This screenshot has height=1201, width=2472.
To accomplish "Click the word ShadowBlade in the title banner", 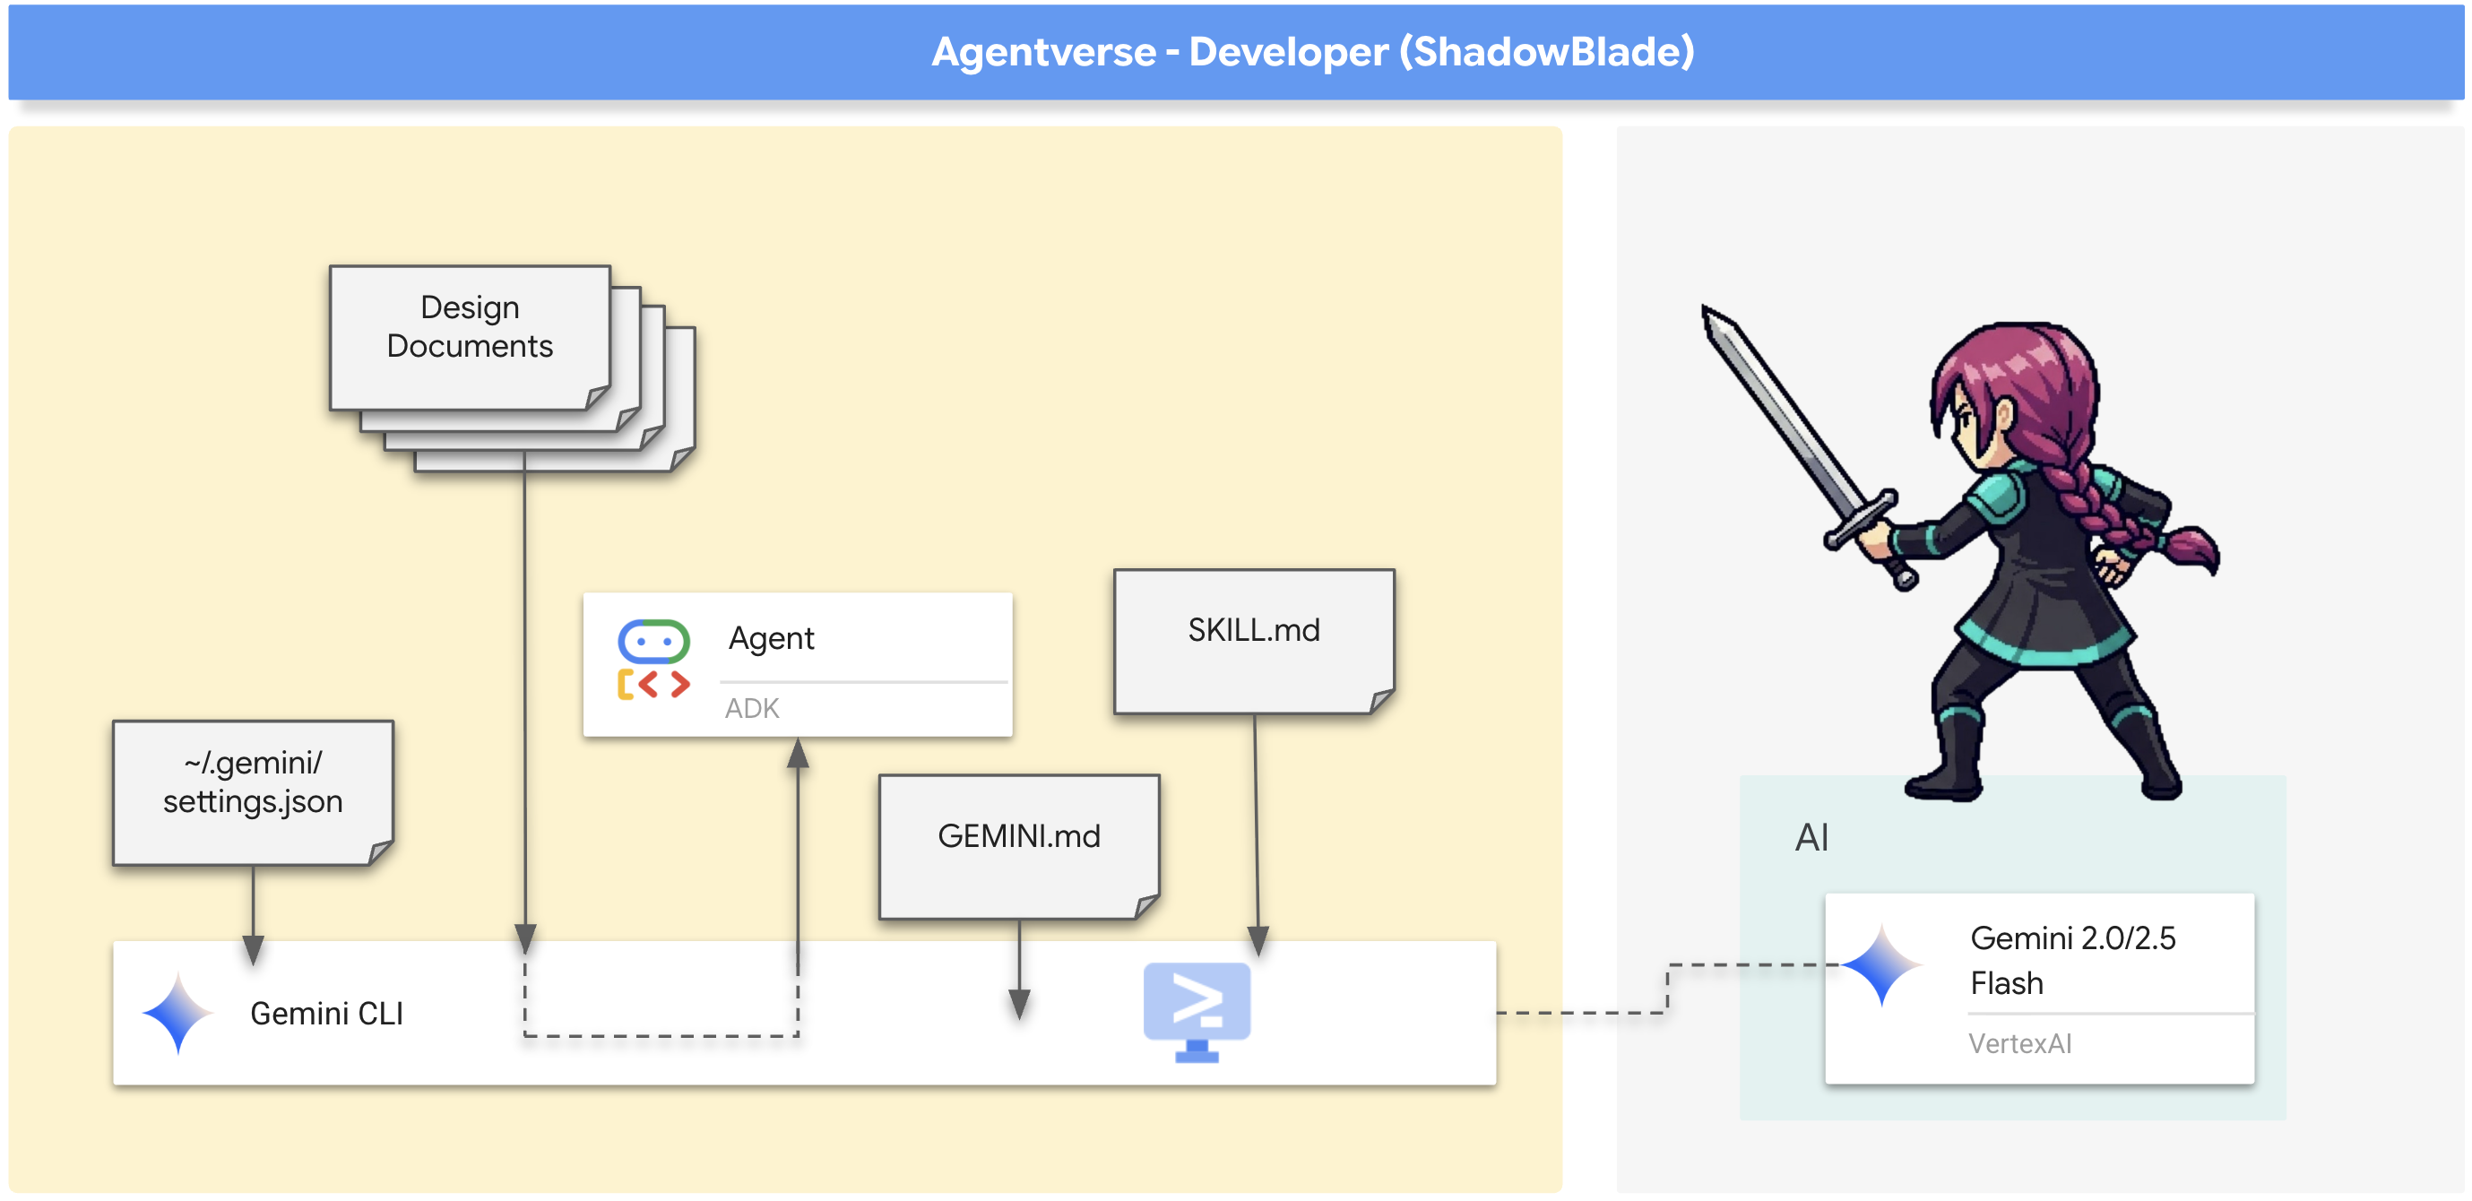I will pyautogui.click(x=1546, y=52).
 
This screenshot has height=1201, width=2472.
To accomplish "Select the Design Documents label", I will pyautogui.click(x=470, y=326).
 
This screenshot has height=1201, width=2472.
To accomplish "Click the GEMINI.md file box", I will pyautogui.click(x=1018, y=845).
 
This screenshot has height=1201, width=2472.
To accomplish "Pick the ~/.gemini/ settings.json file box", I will pyautogui.click(x=253, y=791).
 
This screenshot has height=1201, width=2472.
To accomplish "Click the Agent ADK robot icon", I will pyautogui.click(x=653, y=659).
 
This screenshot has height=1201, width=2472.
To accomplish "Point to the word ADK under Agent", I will pyautogui.click(x=751, y=708).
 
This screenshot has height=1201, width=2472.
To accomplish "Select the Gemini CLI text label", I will pyautogui.click(x=326, y=1013).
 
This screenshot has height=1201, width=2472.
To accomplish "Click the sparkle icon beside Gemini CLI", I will pyautogui.click(x=177, y=1013).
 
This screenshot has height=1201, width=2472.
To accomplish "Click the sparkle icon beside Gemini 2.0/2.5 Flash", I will pyautogui.click(x=1882, y=964).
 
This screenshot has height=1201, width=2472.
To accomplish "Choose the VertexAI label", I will pyautogui.click(x=2020, y=1043).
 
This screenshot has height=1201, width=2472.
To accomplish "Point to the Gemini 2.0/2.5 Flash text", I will pyautogui.click(x=2072, y=959).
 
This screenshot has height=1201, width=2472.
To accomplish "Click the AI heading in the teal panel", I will pyautogui.click(x=1811, y=837).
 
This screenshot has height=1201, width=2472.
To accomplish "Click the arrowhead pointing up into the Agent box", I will pyautogui.click(x=798, y=754).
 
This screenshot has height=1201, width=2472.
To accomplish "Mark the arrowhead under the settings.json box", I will pyautogui.click(x=254, y=949).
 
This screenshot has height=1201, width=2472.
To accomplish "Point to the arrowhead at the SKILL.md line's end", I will pyautogui.click(x=1258, y=940).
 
